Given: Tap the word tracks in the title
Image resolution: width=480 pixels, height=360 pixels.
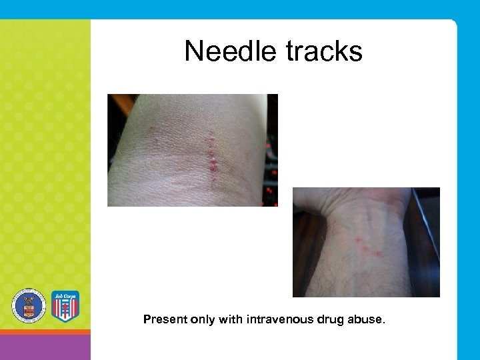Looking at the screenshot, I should (323, 51).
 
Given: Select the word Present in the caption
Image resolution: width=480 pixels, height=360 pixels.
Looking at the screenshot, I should (165, 319).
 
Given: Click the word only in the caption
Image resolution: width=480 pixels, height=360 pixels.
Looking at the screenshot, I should (203, 319).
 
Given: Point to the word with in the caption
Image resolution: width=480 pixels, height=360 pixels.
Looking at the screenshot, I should (231, 319).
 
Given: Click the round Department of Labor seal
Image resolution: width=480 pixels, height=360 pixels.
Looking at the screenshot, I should (28, 306).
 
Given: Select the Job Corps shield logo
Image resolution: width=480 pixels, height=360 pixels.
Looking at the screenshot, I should (65, 306).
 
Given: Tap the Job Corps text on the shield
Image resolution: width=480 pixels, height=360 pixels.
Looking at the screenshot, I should (65, 295).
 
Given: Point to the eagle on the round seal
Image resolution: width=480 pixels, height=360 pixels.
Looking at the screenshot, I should (28, 305).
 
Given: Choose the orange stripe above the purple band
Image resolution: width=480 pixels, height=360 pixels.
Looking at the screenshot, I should (45, 331).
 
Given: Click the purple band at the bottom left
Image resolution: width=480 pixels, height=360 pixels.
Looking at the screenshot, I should (45, 347).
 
